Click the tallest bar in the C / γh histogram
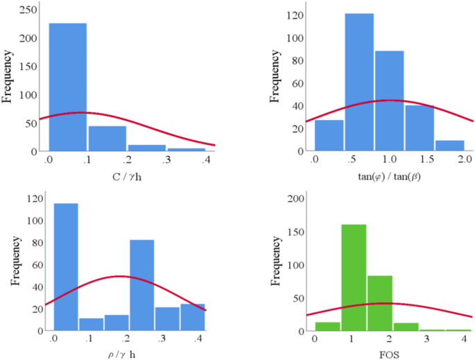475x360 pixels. (x=67, y=87)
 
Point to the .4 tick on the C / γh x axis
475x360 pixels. (x=206, y=160)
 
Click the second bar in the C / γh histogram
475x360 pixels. (x=107, y=138)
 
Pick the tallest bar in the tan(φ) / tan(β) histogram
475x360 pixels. (x=359, y=82)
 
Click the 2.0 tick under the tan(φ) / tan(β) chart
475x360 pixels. (x=465, y=160)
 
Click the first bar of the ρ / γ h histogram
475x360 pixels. (x=66, y=266)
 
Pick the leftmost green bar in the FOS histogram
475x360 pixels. (x=327, y=326)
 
